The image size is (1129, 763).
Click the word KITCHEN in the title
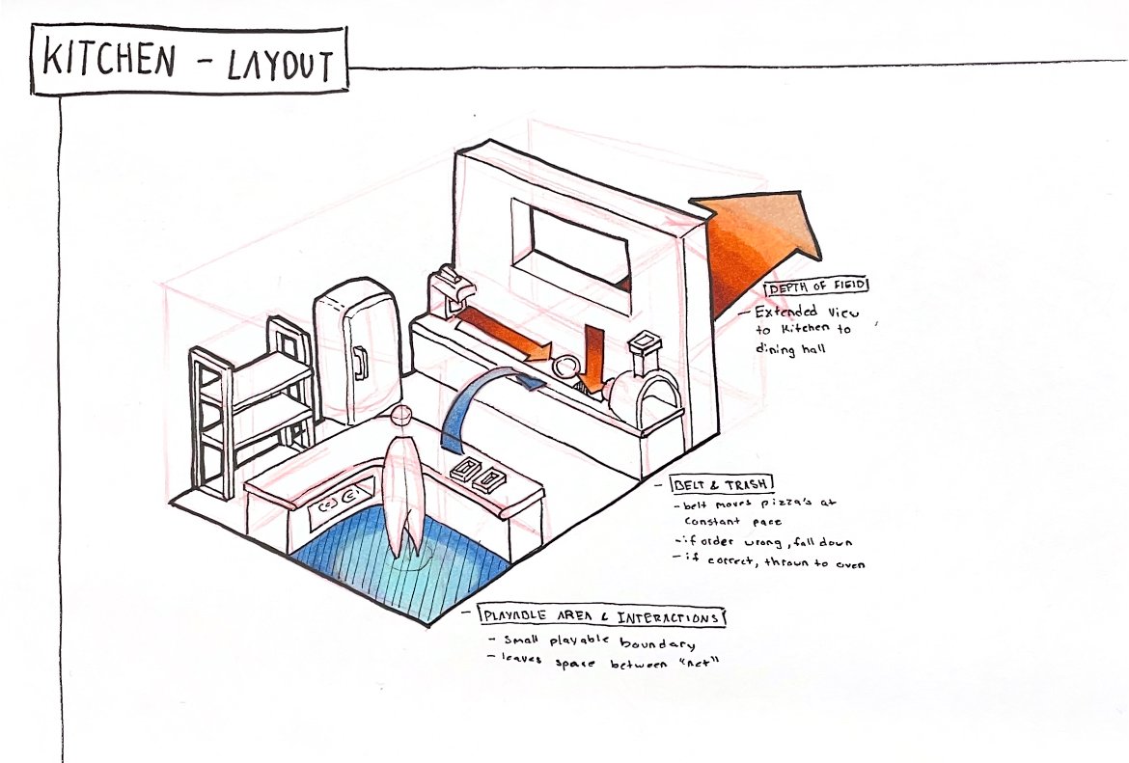108,61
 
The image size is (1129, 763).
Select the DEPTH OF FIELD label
815,286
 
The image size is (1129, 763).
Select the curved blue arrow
482,405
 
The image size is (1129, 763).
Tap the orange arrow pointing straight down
593,357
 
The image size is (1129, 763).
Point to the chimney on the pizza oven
643,346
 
